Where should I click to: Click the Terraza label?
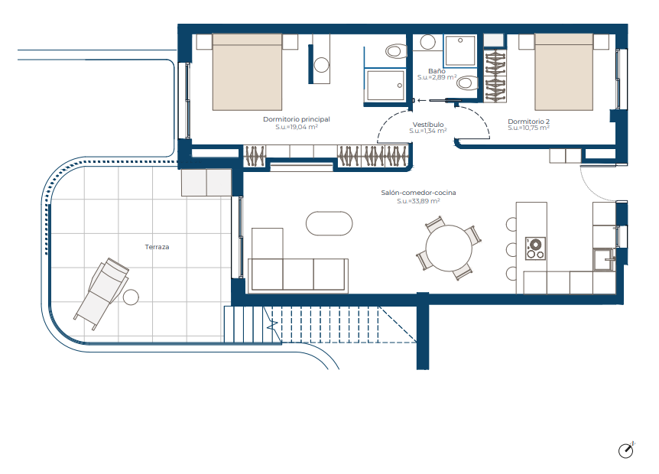pos(157,247)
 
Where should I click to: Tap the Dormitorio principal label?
pos(297,119)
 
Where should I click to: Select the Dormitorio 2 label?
pos(529,122)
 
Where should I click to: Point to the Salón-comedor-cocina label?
pos(418,193)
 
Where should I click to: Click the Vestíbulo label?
pos(428,125)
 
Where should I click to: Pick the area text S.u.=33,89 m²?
pos(418,201)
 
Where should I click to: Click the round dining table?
pos(449,248)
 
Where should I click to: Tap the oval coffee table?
pos(329,223)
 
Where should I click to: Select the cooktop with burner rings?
pos(535,248)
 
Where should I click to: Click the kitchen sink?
pos(604,260)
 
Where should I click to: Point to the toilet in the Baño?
pos(467,83)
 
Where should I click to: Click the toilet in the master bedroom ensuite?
pos(396,51)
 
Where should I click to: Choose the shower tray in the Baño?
pos(460,50)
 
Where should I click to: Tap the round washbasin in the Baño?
pos(428,42)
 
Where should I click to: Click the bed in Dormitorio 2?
pos(563,72)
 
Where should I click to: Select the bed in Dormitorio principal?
pos(247,72)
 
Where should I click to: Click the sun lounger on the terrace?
pos(102,294)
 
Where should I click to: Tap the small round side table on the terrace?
pos(131,297)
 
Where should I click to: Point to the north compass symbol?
pos(626,450)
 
